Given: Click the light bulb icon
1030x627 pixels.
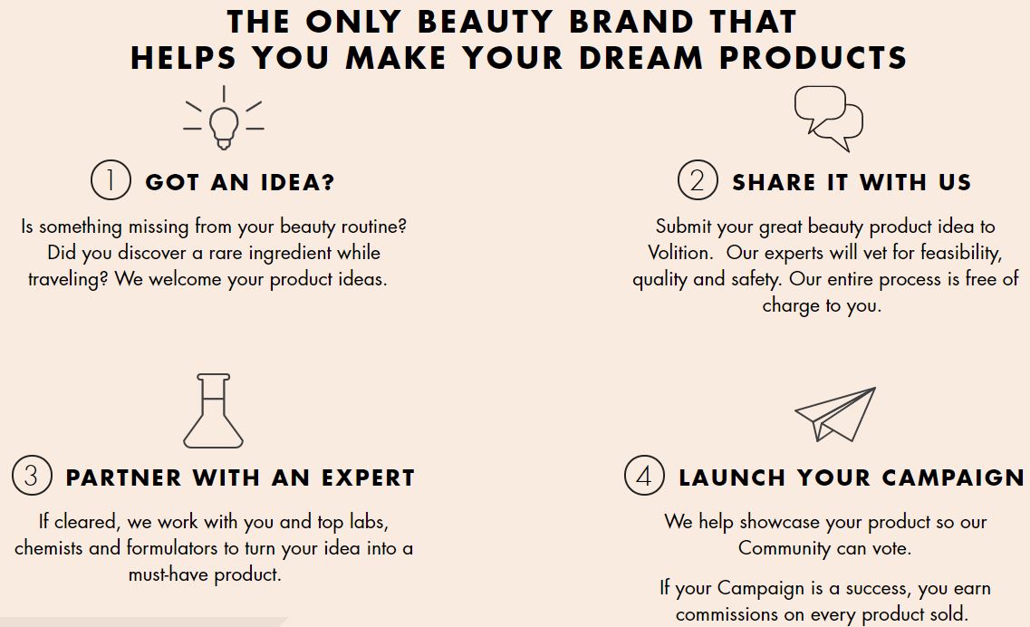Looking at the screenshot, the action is click(x=224, y=127).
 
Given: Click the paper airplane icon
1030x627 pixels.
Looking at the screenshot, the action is click(x=835, y=414).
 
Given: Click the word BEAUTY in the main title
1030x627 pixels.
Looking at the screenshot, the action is click(x=486, y=22).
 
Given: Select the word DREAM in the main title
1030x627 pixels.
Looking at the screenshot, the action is click(x=640, y=58).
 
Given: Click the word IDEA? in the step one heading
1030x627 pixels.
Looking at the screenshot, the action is click(x=297, y=181).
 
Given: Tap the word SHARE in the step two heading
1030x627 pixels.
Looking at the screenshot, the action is click(x=774, y=181).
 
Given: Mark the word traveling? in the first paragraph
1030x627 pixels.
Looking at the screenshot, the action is click(x=68, y=279).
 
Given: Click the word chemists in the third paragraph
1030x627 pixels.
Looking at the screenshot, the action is click(x=49, y=547).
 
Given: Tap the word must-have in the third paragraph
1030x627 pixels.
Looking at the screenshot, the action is click(x=168, y=574).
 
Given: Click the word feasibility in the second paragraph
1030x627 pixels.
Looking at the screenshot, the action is click(x=962, y=253).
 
